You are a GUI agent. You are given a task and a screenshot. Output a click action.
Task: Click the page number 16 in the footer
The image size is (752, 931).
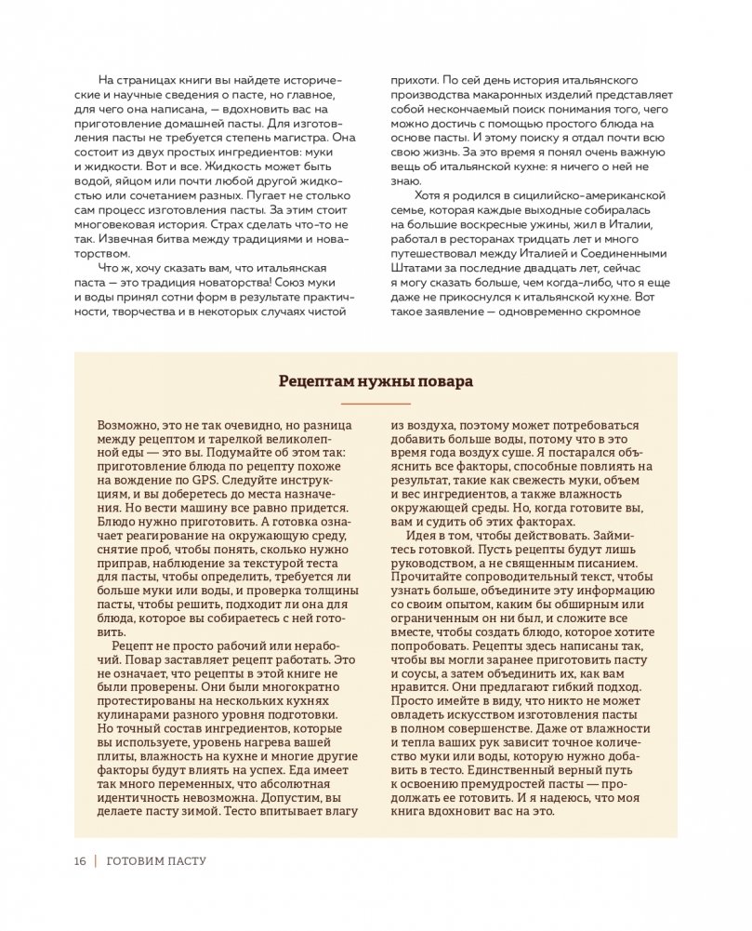pos(79,861)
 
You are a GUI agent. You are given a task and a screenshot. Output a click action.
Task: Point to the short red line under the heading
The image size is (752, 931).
pos(376,403)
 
